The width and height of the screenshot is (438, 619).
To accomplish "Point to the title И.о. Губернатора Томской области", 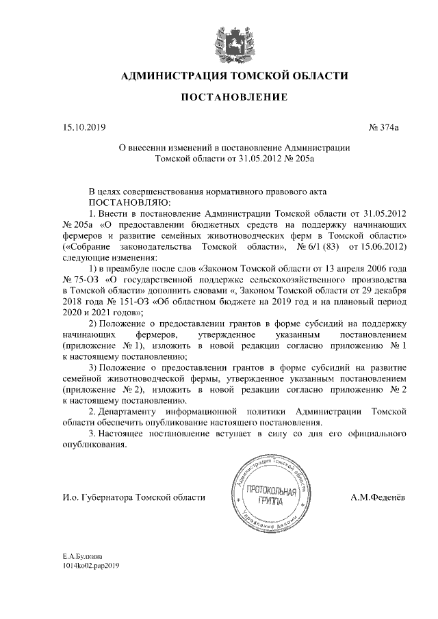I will tap(133, 497).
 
